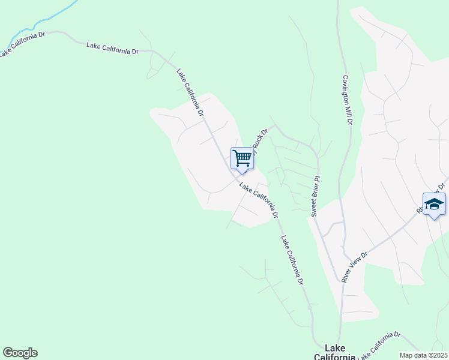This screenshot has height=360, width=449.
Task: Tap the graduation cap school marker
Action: coord(434,204)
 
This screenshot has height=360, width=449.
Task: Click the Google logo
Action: coord(20,353)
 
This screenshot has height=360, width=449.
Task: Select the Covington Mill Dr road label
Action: coord(347,100)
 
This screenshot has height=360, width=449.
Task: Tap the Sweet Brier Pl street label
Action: coord(314,196)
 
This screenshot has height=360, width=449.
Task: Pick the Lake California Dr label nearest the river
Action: coord(23,44)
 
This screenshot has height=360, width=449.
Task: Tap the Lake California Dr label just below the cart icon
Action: coord(259,200)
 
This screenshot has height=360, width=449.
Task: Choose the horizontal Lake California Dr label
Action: coord(113,48)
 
